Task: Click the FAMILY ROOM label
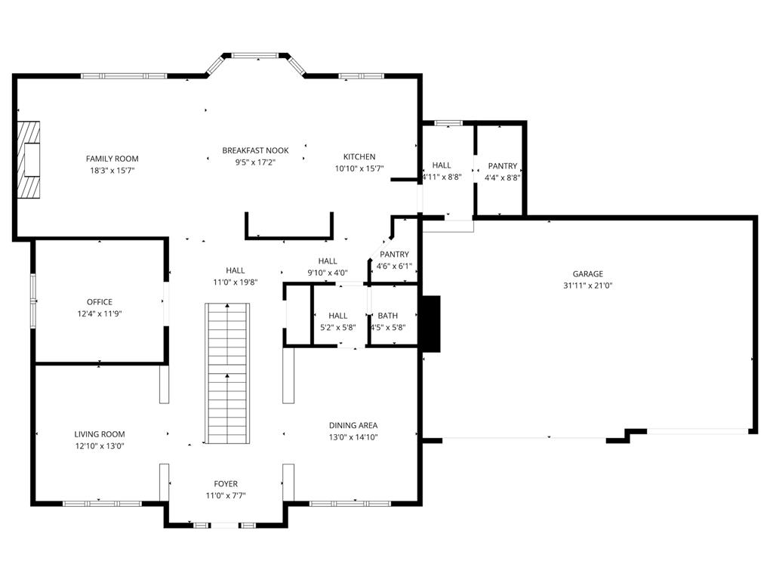(x=112, y=159)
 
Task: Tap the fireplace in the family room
(x=29, y=160)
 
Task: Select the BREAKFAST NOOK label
(x=255, y=150)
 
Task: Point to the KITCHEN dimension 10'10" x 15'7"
(x=359, y=168)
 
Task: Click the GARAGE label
(x=587, y=273)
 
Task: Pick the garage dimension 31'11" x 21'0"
(x=587, y=285)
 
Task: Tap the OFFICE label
(x=100, y=302)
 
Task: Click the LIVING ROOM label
(x=100, y=434)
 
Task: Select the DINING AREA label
(x=353, y=425)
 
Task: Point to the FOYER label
(x=226, y=484)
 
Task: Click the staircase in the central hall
(x=227, y=373)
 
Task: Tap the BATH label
(x=388, y=316)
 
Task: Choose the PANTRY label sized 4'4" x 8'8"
(x=503, y=166)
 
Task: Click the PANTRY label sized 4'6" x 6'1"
(x=394, y=255)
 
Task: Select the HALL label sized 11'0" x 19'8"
(x=236, y=270)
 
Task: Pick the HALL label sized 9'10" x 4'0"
(x=328, y=261)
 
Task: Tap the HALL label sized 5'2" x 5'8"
(x=338, y=316)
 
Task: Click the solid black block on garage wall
(x=430, y=323)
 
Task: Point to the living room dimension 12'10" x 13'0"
(x=100, y=446)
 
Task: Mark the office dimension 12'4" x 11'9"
(x=100, y=313)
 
